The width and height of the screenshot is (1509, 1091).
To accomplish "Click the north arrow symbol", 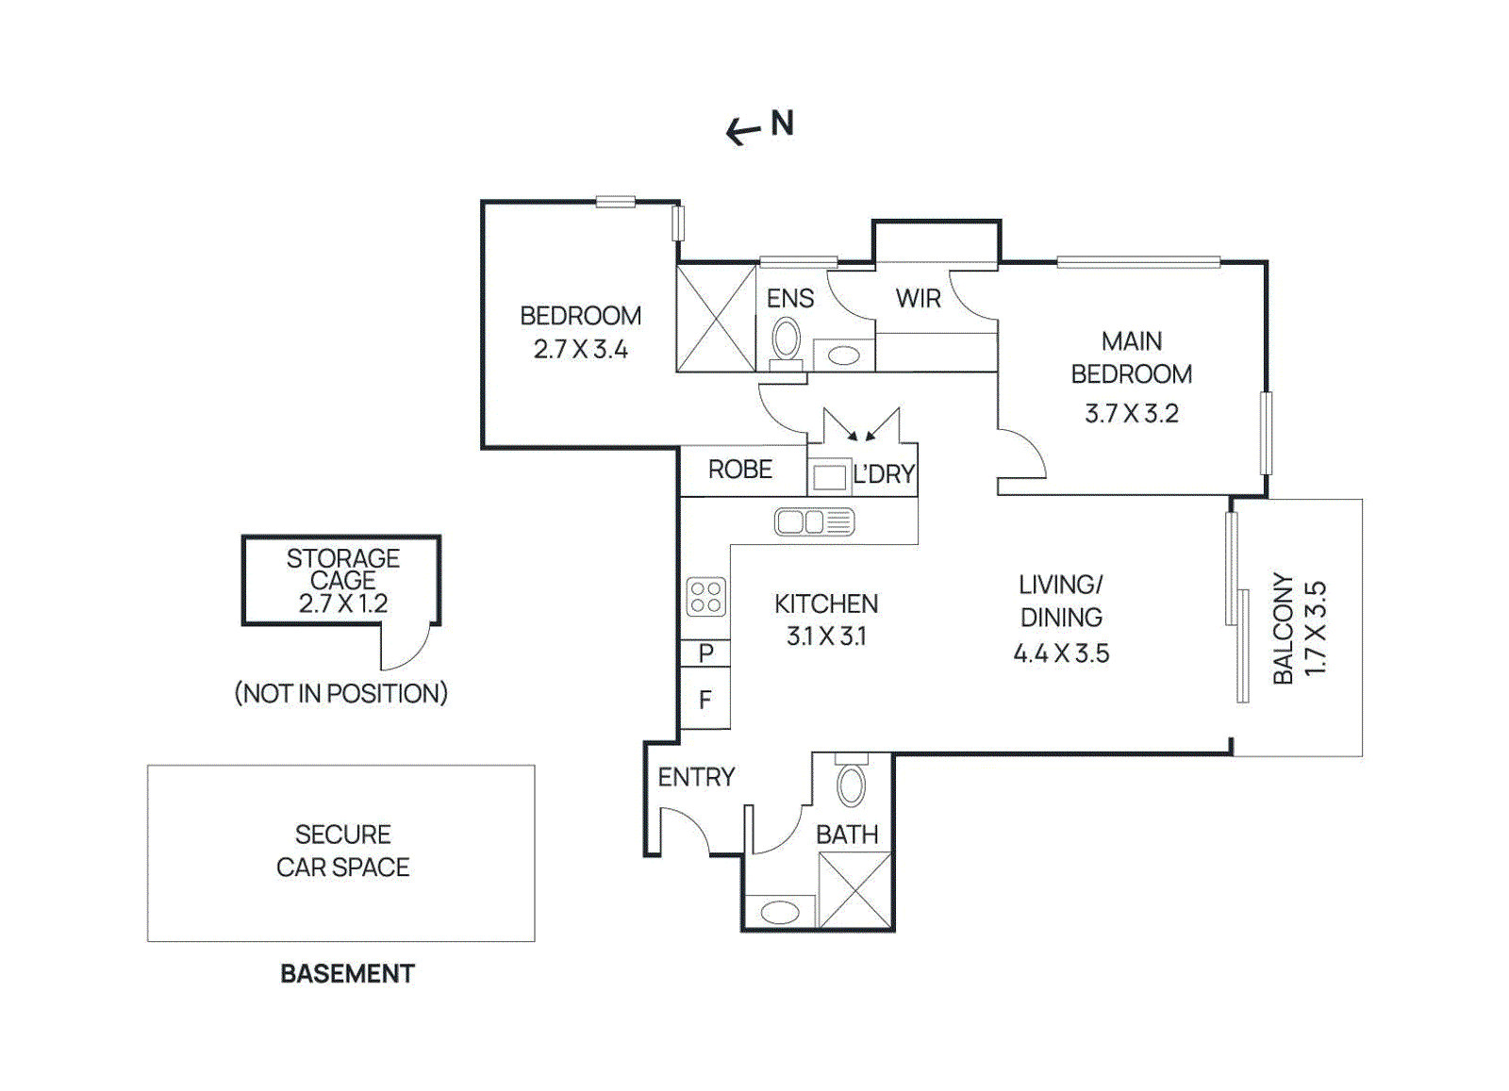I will pyautogui.click(x=744, y=131).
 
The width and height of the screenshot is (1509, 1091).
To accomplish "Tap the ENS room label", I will pyautogui.click(x=789, y=299).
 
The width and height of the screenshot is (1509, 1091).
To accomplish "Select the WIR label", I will pyautogui.click(x=918, y=299).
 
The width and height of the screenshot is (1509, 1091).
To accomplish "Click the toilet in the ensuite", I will pyautogui.click(x=786, y=341).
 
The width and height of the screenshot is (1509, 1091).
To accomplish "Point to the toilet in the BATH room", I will pyautogui.click(x=851, y=785).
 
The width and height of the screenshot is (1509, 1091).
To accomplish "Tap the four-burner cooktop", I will pyautogui.click(x=705, y=596).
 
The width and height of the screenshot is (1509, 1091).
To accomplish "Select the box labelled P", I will pyautogui.click(x=705, y=653).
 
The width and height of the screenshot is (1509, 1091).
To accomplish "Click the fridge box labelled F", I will pyautogui.click(x=705, y=700).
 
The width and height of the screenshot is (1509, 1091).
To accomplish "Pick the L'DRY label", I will pyautogui.click(x=883, y=474).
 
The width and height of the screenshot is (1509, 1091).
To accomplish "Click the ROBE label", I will pyautogui.click(x=740, y=470).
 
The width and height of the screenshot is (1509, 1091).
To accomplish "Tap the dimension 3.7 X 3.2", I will pyautogui.click(x=1131, y=414).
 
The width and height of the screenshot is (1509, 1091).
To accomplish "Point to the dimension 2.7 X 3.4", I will pyautogui.click(x=580, y=350).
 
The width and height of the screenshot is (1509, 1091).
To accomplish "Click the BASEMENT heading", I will pyautogui.click(x=347, y=974).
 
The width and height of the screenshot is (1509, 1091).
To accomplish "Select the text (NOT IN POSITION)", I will pyautogui.click(x=340, y=694).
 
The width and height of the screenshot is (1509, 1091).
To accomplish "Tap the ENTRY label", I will pyautogui.click(x=696, y=777).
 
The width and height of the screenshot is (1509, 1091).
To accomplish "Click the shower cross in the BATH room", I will pyautogui.click(x=854, y=890).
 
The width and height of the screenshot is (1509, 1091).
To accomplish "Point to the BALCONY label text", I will pyautogui.click(x=1283, y=628).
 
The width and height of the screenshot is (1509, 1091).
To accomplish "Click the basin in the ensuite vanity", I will pyautogui.click(x=843, y=355).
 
